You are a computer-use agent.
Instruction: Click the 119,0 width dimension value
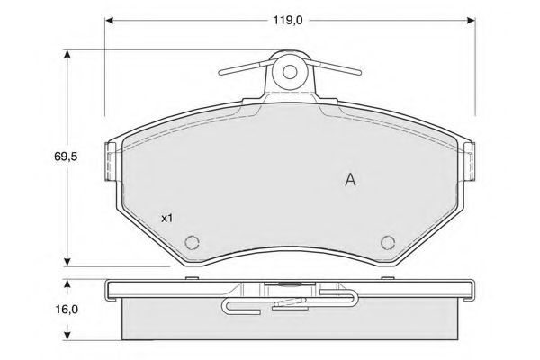click(288, 21)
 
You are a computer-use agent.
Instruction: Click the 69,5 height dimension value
click(66, 157)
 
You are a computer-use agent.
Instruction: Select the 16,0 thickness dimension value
click(67, 310)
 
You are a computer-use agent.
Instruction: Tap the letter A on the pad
click(350, 179)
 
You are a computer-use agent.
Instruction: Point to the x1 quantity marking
click(167, 218)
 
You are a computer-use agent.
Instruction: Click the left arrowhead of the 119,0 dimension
click(110, 21)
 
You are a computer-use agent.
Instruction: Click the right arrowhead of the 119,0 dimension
click(471, 21)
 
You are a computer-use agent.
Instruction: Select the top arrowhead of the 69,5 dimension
click(67, 55)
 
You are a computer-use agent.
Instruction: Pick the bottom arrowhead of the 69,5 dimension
click(67, 262)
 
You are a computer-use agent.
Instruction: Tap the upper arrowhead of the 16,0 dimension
click(67, 283)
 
